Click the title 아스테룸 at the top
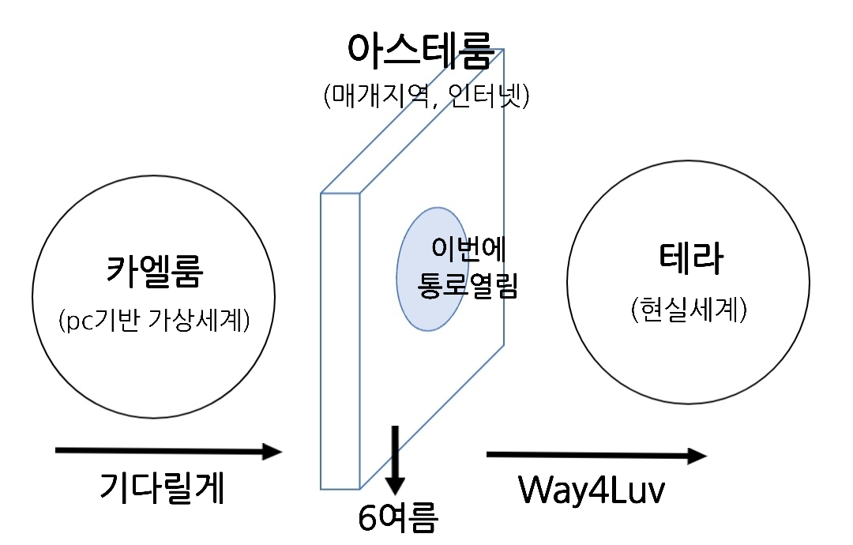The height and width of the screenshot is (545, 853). pos(420,51)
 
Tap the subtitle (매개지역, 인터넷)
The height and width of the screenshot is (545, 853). pos(426,96)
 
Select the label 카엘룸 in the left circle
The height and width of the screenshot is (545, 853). pos(155,270)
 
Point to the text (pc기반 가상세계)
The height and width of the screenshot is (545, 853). pos(155,320)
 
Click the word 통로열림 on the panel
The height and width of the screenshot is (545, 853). pos(467,284)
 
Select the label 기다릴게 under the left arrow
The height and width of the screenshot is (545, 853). pos(162,487)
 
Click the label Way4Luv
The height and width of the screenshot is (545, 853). pos(591,490)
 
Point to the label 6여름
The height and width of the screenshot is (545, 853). pos(396,518)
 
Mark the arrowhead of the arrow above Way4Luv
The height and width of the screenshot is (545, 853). pos(697,456)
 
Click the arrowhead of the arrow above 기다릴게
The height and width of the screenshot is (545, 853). pos(272,452)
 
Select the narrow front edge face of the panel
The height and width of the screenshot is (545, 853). pos(340,340)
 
